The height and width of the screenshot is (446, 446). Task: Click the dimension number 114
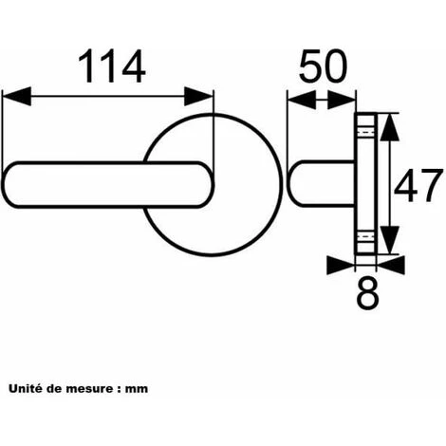[112, 66]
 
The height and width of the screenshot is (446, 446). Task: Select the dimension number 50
[323, 65]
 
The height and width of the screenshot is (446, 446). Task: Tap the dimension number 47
[418, 186]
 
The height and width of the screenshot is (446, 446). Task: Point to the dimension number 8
[367, 293]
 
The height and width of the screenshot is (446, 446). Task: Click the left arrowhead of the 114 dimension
[16, 96]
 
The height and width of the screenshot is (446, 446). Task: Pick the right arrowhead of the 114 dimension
[198, 96]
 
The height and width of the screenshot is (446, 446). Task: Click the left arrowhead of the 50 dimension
[302, 100]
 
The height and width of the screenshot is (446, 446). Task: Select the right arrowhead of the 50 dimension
[342, 100]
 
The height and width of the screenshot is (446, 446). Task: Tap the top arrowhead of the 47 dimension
[389, 127]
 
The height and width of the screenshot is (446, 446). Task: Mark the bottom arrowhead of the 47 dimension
[389, 240]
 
